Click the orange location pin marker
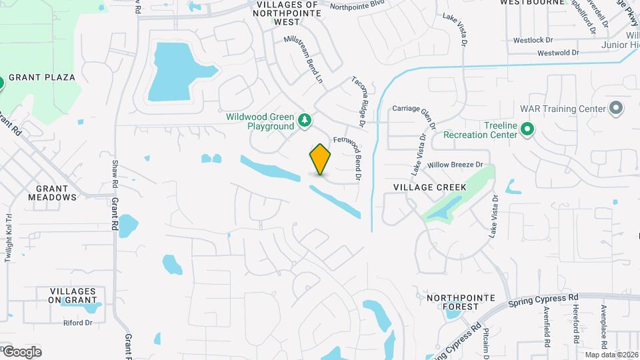click(320, 159)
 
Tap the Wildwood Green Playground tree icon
click(305, 120)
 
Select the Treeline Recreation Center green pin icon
click(527, 129)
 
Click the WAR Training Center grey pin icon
click(616, 108)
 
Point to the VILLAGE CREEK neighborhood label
click(430, 187)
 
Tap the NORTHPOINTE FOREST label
click(453, 302)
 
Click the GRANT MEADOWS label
click(52, 193)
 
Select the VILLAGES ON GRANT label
click(77, 296)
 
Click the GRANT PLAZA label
click(41, 77)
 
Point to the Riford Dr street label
click(77, 323)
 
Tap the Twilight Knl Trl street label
click(9, 237)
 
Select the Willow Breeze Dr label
click(455, 165)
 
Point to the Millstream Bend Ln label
click(303, 59)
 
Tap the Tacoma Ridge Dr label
click(359, 101)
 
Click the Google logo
click(21, 351)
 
